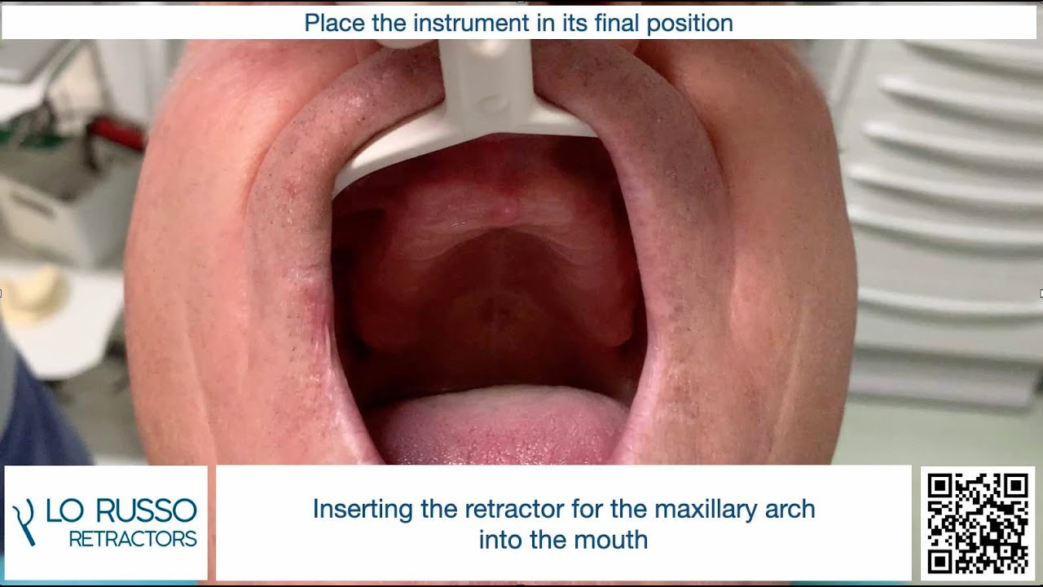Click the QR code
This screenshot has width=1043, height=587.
point(977,523)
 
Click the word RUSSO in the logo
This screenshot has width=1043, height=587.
point(147,511)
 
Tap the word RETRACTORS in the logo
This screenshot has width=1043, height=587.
point(133,539)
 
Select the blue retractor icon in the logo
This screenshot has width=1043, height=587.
point(24,522)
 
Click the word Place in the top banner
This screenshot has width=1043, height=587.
point(335,23)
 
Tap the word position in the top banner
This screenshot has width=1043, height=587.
point(690,23)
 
